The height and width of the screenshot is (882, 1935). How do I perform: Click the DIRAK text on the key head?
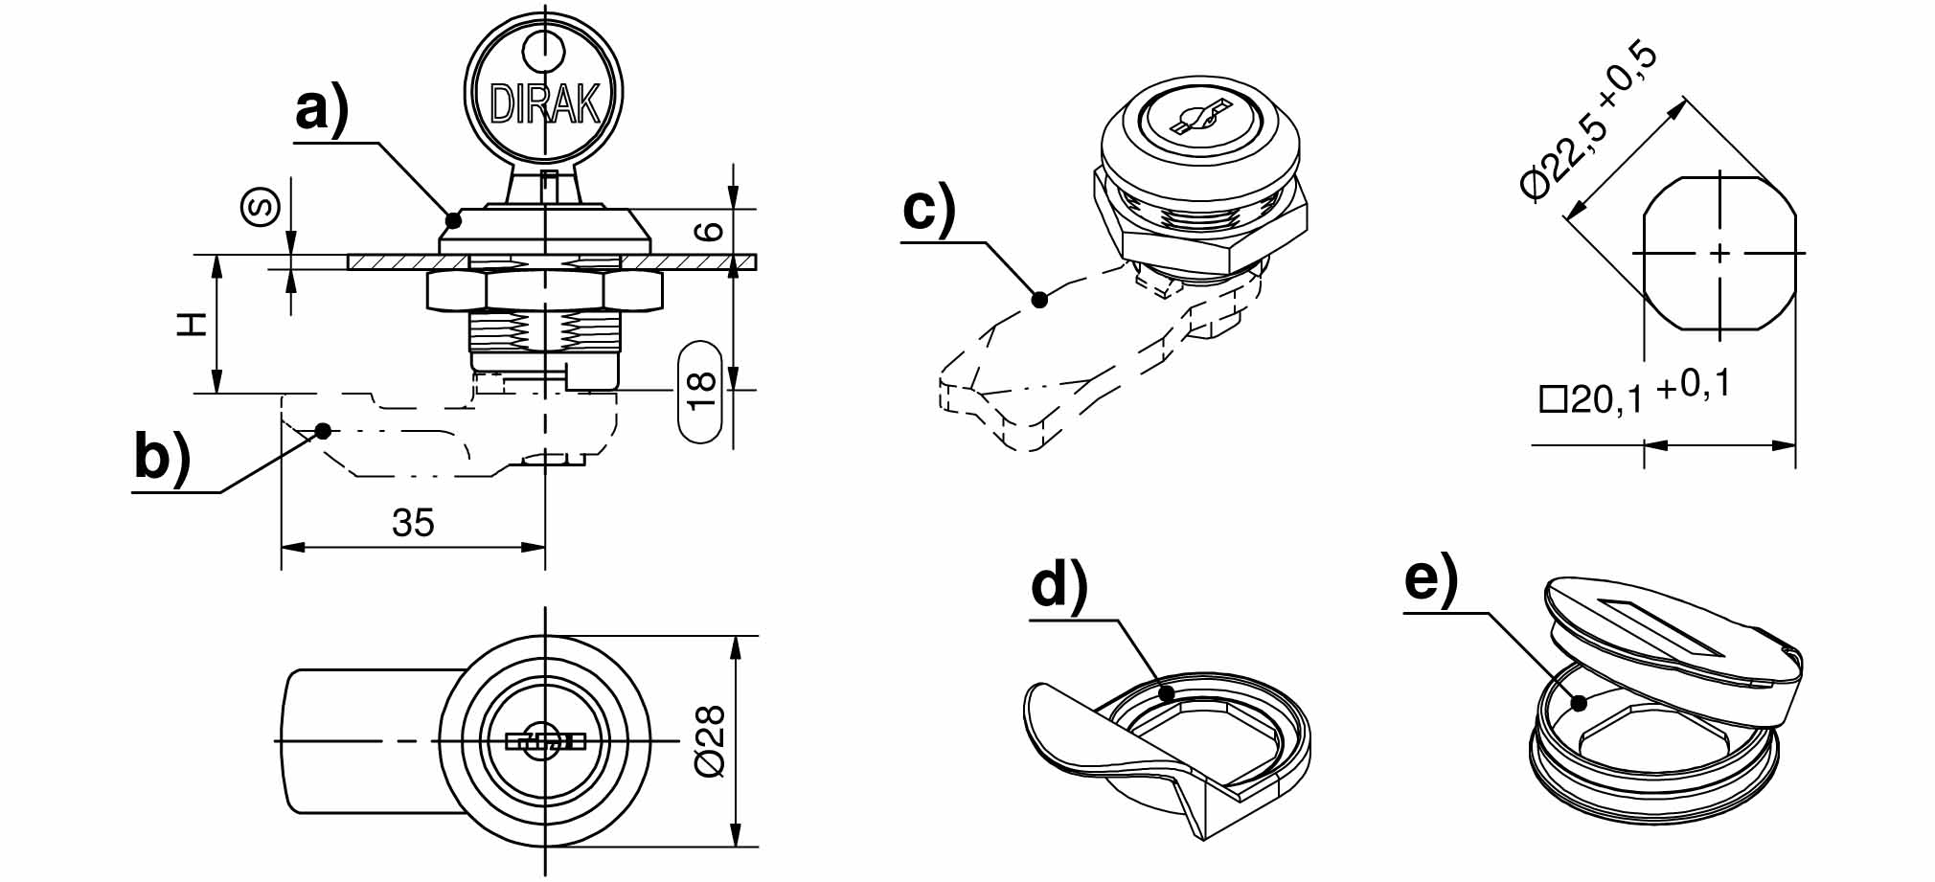[x=544, y=103]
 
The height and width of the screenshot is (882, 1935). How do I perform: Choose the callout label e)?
[x=1431, y=578]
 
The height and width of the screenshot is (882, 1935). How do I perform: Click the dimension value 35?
[x=413, y=523]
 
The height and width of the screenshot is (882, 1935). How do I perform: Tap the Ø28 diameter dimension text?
[x=711, y=741]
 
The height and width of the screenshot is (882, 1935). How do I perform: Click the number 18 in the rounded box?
[x=701, y=391]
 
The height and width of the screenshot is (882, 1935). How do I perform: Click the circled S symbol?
[x=262, y=207]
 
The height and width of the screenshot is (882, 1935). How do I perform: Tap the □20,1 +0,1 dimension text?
[x=1634, y=394]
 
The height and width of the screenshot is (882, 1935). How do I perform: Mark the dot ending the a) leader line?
[x=453, y=220]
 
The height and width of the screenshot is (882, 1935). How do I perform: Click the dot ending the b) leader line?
[x=323, y=431]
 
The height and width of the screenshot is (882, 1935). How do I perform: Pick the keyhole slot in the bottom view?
[x=545, y=741]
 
